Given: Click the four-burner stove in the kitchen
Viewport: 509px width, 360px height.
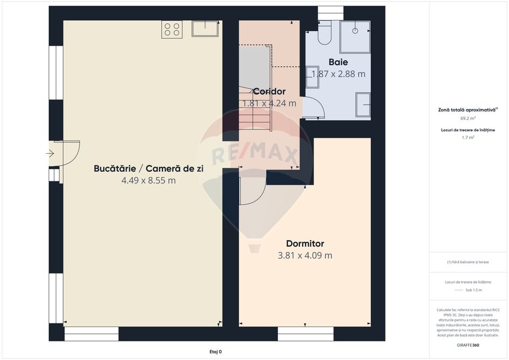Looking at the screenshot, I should (x=172, y=29).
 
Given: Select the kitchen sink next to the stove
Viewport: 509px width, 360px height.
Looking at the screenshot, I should (x=206, y=29).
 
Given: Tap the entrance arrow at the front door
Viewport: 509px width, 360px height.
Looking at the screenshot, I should (x=50, y=154).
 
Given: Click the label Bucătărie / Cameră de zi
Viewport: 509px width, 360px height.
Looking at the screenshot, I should (x=148, y=169).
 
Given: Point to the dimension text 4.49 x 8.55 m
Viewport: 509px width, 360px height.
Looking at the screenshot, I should (x=148, y=180).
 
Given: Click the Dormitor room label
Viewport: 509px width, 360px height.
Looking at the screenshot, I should (x=305, y=244).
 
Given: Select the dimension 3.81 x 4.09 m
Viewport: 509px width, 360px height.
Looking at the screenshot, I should (x=305, y=256).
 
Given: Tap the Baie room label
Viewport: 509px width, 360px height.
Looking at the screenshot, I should (x=338, y=62).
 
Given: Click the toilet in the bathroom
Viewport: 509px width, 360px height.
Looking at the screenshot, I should (x=324, y=35).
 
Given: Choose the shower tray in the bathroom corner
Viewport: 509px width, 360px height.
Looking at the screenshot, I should (x=355, y=37).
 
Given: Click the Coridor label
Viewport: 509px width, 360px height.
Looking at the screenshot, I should (x=269, y=92).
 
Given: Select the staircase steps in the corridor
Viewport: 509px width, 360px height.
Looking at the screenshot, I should (x=254, y=111).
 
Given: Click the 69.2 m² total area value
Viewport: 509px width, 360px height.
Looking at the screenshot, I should (x=468, y=119).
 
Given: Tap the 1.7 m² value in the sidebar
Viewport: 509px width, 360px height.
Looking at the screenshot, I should (x=468, y=137).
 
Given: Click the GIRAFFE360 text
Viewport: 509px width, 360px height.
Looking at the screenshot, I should (x=468, y=345).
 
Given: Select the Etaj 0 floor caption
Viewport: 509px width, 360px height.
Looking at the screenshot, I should (x=215, y=352).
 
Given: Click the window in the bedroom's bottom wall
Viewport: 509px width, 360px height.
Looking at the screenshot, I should (x=305, y=333).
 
